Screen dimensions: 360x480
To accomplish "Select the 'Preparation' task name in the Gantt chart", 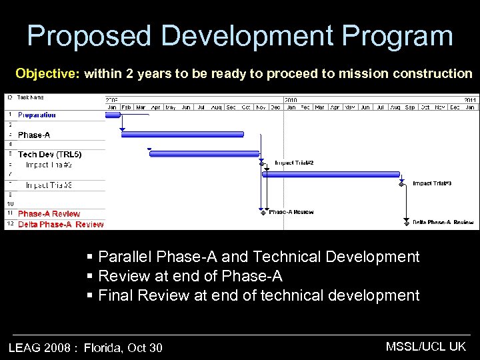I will pyautogui.click(x=37, y=115).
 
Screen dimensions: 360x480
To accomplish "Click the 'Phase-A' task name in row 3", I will pyautogui.click(x=33, y=135).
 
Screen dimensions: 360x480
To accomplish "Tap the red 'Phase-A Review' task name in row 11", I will pyautogui.click(x=49, y=214).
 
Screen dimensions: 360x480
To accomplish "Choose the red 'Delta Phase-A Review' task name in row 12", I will pyautogui.click(x=61, y=225).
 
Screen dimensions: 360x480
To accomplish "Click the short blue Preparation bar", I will pyautogui.click(x=113, y=115).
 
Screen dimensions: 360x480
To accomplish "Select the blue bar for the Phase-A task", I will pyautogui.click(x=182, y=134).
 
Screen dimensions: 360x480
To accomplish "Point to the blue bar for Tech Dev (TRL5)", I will pyautogui.click(x=204, y=154).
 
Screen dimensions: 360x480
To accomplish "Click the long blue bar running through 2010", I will pyautogui.click(x=330, y=175).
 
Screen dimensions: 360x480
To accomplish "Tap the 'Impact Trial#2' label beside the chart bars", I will pyautogui.click(x=294, y=163).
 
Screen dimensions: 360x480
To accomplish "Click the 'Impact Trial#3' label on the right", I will pyautogui.click(x=432, y=183).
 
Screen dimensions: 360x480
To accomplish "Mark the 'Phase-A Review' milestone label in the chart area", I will pyautogui.click(x=291, y=212).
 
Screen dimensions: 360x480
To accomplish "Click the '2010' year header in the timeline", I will pyautogui.click(x=291, y=99).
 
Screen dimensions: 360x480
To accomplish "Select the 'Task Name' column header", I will pyautogui.click(x=31, y=97).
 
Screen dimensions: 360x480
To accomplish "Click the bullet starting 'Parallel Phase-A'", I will pyautogui.click(x=258, y=257).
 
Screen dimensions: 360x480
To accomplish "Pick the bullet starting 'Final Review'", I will pyautogui.click(x=258, y=295).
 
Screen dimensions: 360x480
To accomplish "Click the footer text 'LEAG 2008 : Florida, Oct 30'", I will pyautogui.click(x=85, y=347).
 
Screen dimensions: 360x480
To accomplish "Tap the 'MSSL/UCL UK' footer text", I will pyautogui.click(x=426, y=346).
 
